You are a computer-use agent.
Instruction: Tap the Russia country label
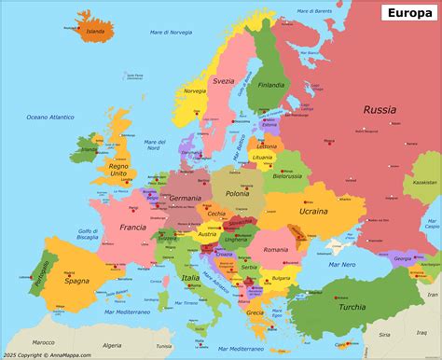click(380, 110)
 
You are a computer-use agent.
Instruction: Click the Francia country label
click(133, 227)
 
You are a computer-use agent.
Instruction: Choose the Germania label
click(186, 199)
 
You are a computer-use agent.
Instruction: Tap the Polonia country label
click(238, 194)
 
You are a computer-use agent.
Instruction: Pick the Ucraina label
click(312, 211)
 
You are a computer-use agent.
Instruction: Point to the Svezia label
click(223, 81)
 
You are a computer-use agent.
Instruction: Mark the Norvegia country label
click(195, 91)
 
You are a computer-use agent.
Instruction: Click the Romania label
click(276, 250)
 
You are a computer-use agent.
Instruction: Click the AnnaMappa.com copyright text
click(52, 354)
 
